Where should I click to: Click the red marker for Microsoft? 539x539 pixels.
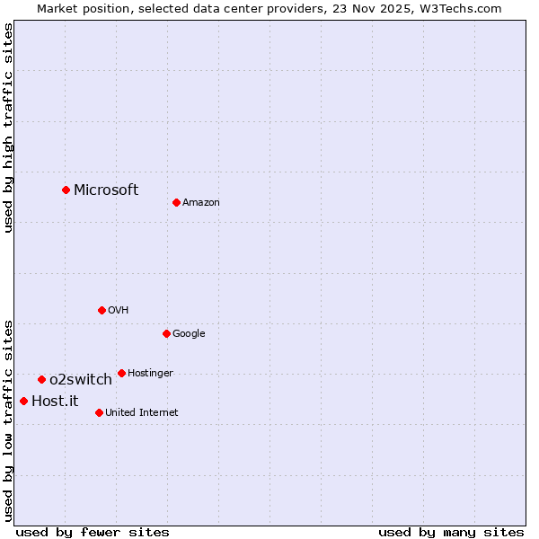[x=66, y=190]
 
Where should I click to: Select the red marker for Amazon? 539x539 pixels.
[x=176, y=202]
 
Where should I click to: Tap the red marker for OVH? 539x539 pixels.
[x=102, y=310]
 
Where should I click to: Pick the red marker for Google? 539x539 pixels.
[x=166, y=333]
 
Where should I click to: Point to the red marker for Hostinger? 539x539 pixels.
[x=121, y=373]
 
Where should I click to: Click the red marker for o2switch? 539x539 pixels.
[x=41, y=379]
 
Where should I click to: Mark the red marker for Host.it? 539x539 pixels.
[x=23, y=401]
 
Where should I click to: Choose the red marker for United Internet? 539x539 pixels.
[x=99, y=412]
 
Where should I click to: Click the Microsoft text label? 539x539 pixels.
[x=106, y=190]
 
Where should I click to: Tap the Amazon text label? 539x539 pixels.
[x=201, y=202]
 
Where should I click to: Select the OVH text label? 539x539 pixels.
[x=119, y=310]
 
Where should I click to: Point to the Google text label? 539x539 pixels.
[x=189, y=333]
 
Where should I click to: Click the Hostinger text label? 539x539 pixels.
[x=150, y=373]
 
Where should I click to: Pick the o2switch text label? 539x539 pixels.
[x=81, y=379]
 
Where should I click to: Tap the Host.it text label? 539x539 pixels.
[x=55, y=401]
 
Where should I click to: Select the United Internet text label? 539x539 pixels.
[x=142, y=412]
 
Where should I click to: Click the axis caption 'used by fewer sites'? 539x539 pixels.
[x=93, y=532]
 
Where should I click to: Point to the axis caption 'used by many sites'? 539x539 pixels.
[x=451, y=532]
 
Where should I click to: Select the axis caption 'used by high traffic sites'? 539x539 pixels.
[x=8, y=128]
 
